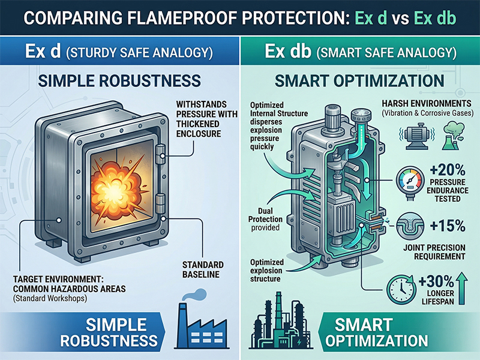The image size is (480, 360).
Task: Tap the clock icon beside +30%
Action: click(401, 289)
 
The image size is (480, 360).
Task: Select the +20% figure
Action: click(448, 170)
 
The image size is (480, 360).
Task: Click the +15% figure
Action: click(448, 226)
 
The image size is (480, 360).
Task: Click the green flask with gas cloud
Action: click(454, 135)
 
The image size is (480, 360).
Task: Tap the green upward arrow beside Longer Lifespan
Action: click(462, 289)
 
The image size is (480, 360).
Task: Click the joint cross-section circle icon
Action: click(410, 227)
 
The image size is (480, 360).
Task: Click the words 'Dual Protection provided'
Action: click(265, 219)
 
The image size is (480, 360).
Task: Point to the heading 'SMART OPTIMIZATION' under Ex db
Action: click(359, 80)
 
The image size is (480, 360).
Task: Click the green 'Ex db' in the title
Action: click(434, 18)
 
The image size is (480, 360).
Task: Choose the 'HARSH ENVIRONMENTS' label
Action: click(427, 103)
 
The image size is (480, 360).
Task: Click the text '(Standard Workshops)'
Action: click(50, 298)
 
